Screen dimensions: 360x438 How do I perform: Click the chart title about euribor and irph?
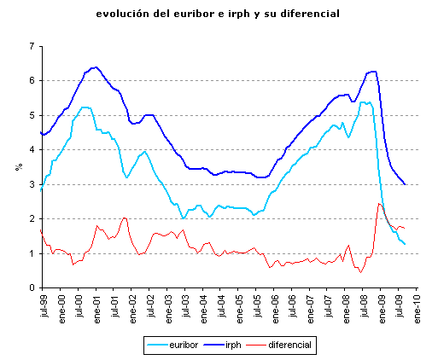point(219,15)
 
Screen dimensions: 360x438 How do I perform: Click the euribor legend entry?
point(176,345)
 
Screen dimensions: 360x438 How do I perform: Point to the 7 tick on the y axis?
point(32,46)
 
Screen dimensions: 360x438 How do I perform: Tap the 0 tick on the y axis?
point(32,288)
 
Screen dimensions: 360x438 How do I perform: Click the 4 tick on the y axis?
point(32,150)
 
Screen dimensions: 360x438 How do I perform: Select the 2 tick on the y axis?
point(32,219)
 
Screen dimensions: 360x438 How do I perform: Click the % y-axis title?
point(18,166)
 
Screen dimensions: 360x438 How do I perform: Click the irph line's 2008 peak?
point(373,71)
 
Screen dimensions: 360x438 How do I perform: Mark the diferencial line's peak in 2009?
point(378,203)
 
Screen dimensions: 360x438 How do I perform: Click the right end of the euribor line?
point(405,245)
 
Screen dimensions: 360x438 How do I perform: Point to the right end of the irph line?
point(405,183)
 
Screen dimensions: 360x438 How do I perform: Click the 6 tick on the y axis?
point(32,81)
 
